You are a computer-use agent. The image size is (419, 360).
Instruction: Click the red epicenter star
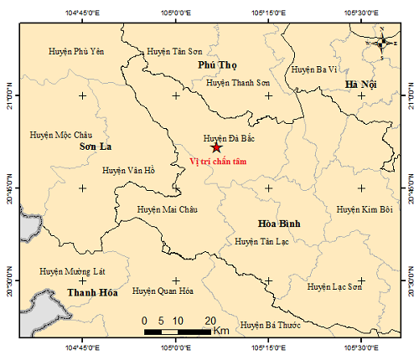(x=217, y=147)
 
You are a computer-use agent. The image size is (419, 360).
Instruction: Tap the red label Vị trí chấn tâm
(x=217, y=162)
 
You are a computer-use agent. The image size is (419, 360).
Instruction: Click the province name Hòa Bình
(x=275, y=224)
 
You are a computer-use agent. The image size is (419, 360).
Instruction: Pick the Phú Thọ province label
(x=216, y=64)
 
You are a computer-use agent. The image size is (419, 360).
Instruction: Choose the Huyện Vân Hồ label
(x=129, y=170)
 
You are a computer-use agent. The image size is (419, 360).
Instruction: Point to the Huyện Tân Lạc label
(x=262, y=241)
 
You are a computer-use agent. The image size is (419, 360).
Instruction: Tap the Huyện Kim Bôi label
(x=365, y=209)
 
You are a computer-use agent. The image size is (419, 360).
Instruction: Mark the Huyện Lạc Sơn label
(x=335, y=286)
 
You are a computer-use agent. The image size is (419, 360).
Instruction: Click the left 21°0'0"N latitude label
(x=9, y=95)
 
